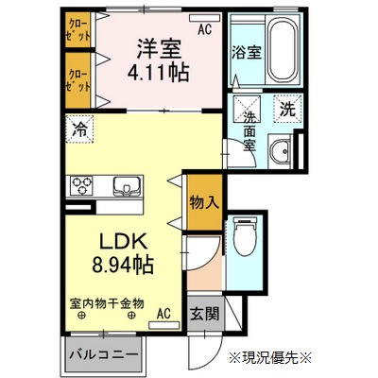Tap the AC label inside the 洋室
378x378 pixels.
[204, 28]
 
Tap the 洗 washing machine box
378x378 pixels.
[287, 108]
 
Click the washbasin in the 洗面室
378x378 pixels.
[281, 150]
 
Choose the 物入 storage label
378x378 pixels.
[203, 201]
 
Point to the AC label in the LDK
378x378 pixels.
[163, 313]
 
